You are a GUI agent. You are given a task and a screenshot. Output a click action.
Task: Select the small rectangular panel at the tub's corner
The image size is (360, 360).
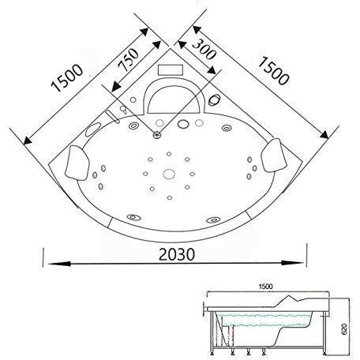pos(170,68)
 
